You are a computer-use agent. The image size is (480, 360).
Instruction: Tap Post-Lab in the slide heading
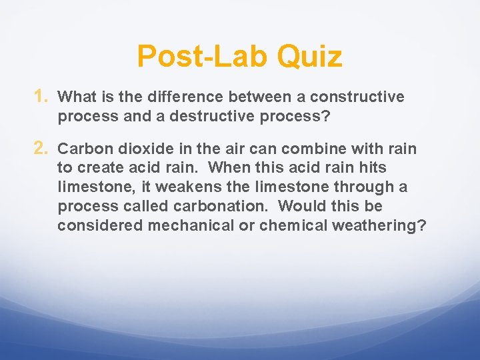click(x=204, y=57)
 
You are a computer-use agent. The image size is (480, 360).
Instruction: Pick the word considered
click(x=100, y=225)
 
